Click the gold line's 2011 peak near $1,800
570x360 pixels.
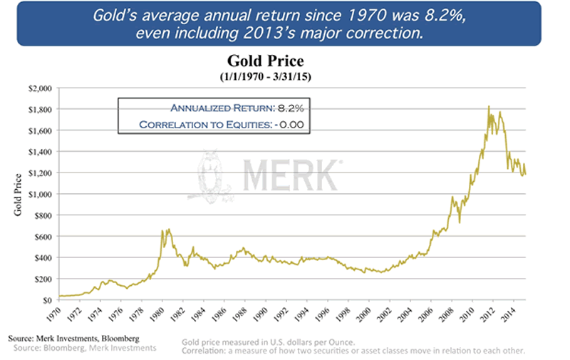[x=488, y=107]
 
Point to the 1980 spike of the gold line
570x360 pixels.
[x=168, y=230]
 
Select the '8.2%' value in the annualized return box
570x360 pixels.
[x=299, y=108]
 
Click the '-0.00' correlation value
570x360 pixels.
[x=297, y=124]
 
